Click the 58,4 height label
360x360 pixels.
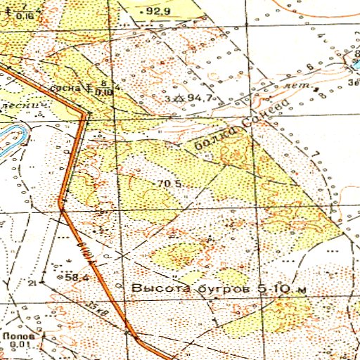pyautogui.click(x=76, y=278)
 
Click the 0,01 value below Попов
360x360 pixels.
pyautogui.click(x=19, y=345)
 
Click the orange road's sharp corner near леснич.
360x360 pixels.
pyautogui.click(x=85, y=115)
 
